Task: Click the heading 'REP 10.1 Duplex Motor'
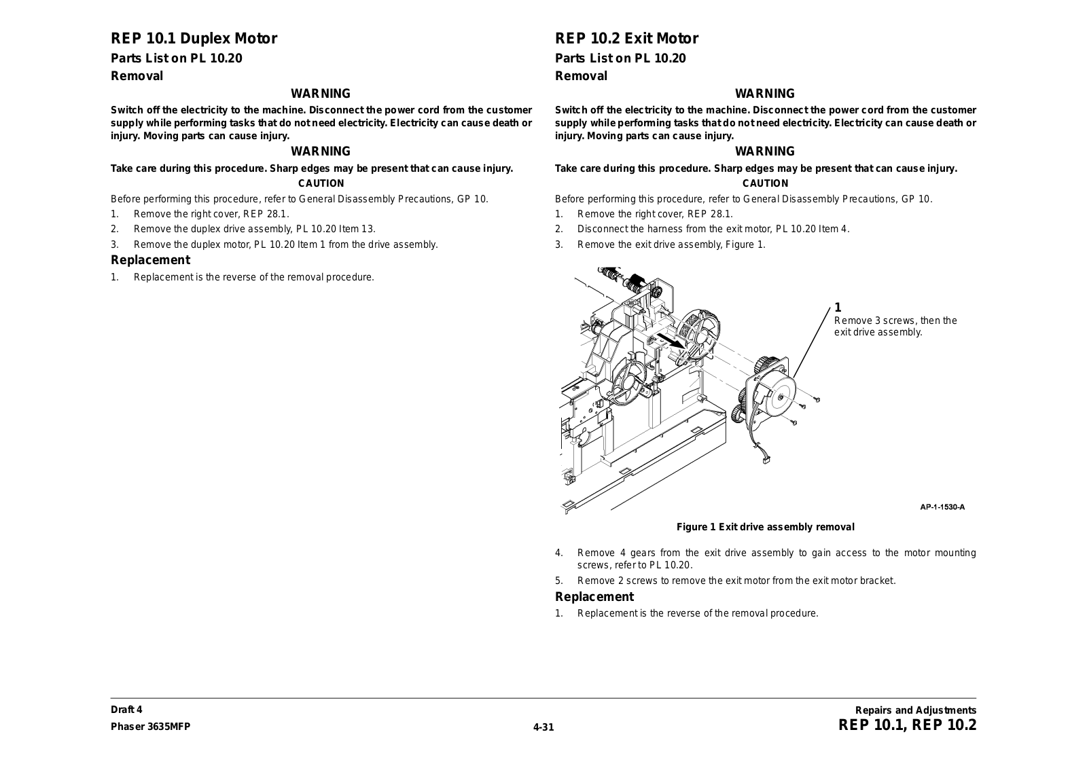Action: pyautogui.click(x=194, y=39)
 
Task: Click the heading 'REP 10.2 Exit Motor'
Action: pyautogui.click(x=626, y=39)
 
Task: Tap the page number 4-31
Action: pyautogui.click(x=543, y=727)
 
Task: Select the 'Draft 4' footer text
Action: pyautogui.click(x=126, y=710)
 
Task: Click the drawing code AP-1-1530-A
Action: pyautogui.click(x=942, y=507)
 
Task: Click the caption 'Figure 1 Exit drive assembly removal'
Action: pyautogui.click(x=765, y=527)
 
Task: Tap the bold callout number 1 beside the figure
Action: pyautogui.click(x=838, y=308)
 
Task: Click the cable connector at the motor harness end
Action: pyautogui.click(x=766, y=462)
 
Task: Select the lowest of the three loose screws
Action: pyautogui.click(x=794, y=422)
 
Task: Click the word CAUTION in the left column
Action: pyautogui.click(x=321, y=183)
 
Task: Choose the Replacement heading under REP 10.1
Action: pyautogui.click(x=150, y=260)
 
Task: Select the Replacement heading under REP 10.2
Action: pyautogui.click(x=594, y=597)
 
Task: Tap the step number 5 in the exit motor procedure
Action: pyautogui.click(x=559, y=581)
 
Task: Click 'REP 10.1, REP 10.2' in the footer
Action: pyautogui.click(x=907, y=725)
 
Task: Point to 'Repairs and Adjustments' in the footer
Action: pyautogui.click(x=915, y=710)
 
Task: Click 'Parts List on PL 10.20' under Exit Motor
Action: pyautogui.click(x=620, y=58)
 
